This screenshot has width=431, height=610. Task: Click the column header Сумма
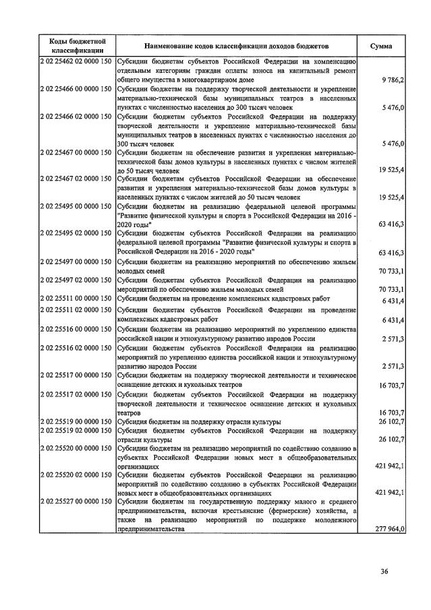click(x=382, y=45)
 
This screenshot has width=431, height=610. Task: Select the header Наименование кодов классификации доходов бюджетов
click(x=236, y=45)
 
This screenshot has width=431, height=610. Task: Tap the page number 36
click(x=384, y=572)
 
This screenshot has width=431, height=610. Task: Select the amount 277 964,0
click(x=390, y=530)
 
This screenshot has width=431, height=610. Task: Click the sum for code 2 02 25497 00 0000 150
click(x=391, y=272)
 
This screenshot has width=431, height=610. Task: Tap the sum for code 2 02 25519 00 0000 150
click(x=391, y=421)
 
